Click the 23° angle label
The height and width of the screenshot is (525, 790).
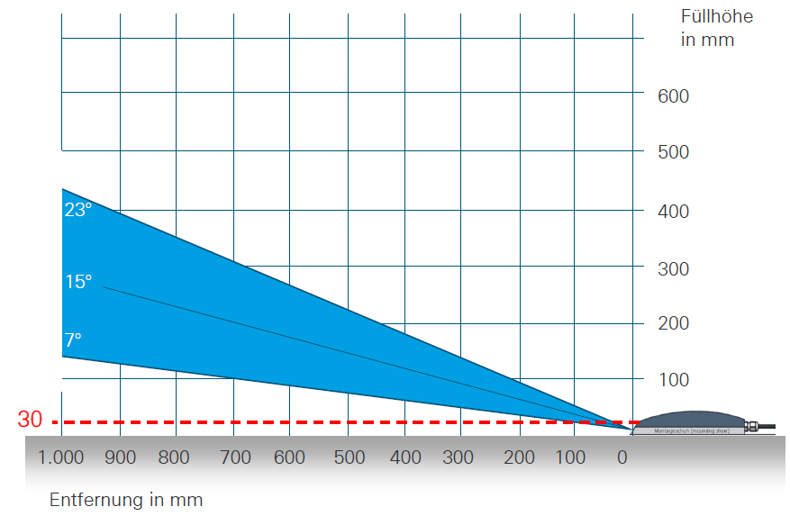pyautogui.click(x=77, y=210)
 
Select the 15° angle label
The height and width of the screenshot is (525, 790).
pyautogui.click(x=77, y=282)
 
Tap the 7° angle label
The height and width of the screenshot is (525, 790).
pyautogui.click(x=72, y=340)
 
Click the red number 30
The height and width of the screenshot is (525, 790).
pyautogui.click(x=30, y=421)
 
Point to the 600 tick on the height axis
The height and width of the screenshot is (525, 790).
pyautogui.click(x=673, y=95)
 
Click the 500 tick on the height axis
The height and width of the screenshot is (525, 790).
pyautogui.click(x=673, y=152)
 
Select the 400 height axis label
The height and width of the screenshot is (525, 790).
pyautogui.click(x=673, y=211)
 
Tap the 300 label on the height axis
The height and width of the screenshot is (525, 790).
pyautogui.click(x=673, y=268)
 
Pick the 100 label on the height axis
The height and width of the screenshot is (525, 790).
pyautogui.click(x=673, y=380)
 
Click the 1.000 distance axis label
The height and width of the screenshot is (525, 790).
pyautogui.click(x=61, y=457)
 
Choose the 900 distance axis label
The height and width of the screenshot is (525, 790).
pyautogui.click(x=119, y=457)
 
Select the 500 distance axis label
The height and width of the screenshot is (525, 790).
pyautogui.click(x=349, y=457)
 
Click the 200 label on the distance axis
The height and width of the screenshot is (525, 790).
pyautogui.click(x=520, y=457)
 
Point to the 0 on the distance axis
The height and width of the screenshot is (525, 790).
pyautogui.click(x=622, y=457)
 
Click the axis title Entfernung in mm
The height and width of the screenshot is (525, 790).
pyautogui.click(x=126, y=500)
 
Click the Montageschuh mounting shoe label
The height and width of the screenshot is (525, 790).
pyautogui.click(x=689, y=431)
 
